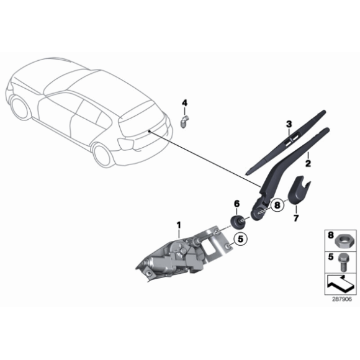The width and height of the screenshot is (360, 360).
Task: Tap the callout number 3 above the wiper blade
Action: pyautogui.click(x=288, y=125)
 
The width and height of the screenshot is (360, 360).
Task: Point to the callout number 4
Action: pyautogui.click(x=184, y=102)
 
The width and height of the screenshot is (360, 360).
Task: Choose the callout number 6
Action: pyautogui.click(x=236, y=204)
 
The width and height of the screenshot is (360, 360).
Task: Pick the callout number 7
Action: pyautogui.click(x=296, y=218)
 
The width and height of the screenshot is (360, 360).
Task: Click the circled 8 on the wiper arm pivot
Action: pyautogui.click(x=277, y=202)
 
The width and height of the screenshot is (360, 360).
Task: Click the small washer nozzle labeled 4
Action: pyautogui.click(x=184, y=120)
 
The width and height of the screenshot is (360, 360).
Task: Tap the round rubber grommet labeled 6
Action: pyautogui.click(x=236, y=220)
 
